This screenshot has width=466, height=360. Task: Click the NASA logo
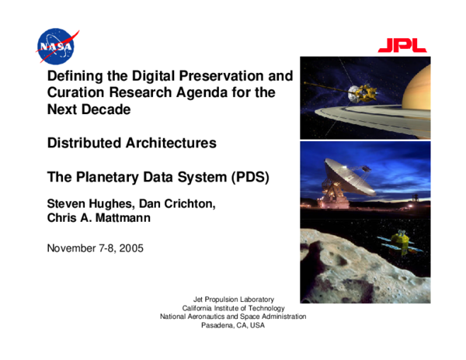coord(57,46)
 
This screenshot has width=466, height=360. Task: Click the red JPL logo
coord(402,46)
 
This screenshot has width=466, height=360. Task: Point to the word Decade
coord(106,109)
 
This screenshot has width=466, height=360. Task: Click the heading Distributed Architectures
coord(131,143)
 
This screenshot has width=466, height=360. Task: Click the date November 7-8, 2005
coord(95,248)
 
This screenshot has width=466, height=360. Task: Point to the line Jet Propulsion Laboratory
coord(233,299)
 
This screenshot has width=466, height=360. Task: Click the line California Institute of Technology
coord(233,308)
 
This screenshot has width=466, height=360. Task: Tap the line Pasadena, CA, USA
coord(233,325)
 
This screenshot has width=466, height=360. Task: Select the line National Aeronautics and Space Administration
coord(233,317)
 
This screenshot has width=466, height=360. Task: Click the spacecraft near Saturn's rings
coord(361,93)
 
